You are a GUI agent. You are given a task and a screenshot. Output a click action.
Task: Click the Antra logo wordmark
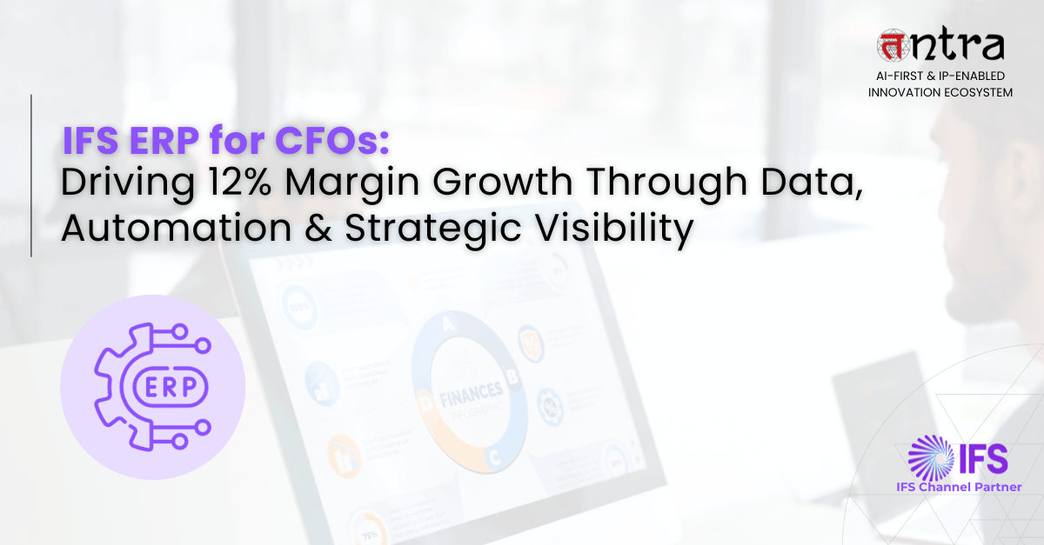coord(942,45)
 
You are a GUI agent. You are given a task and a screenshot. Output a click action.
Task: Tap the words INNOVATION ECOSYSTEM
coord(940,92)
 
